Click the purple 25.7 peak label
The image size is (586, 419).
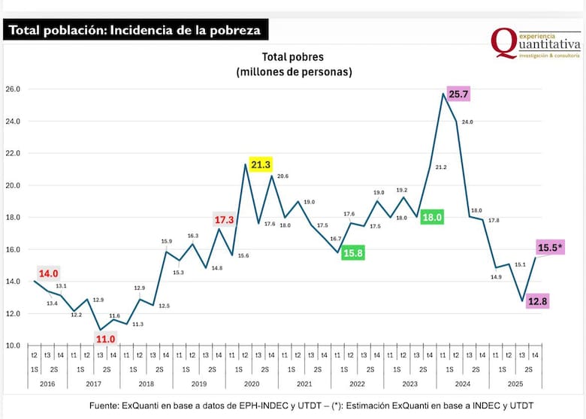click(x=458, y=95)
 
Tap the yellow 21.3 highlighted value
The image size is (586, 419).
click(x=261, y=164)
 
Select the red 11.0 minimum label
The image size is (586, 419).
click(x=104, y=339)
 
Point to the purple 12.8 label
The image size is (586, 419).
click(x=537, y=302)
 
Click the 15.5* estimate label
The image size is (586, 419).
click(x=551, y=247)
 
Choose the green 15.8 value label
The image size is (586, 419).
click(x=353, y=253)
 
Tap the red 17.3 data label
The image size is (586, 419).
click(x=225, y=220)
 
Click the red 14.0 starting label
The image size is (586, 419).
click(x=49, y=274)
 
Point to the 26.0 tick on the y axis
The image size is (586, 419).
click(x=14, y=89)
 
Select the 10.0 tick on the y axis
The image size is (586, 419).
click(x=14, y=345)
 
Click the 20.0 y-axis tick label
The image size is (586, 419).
click(x=14, y=185)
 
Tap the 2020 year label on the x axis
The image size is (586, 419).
click(x=252, y=384)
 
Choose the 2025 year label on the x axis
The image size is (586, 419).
click(x=515, y=384)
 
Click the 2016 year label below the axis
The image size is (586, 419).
click(x=47, y=384)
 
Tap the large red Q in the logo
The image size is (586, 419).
click(x=502, y=43)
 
